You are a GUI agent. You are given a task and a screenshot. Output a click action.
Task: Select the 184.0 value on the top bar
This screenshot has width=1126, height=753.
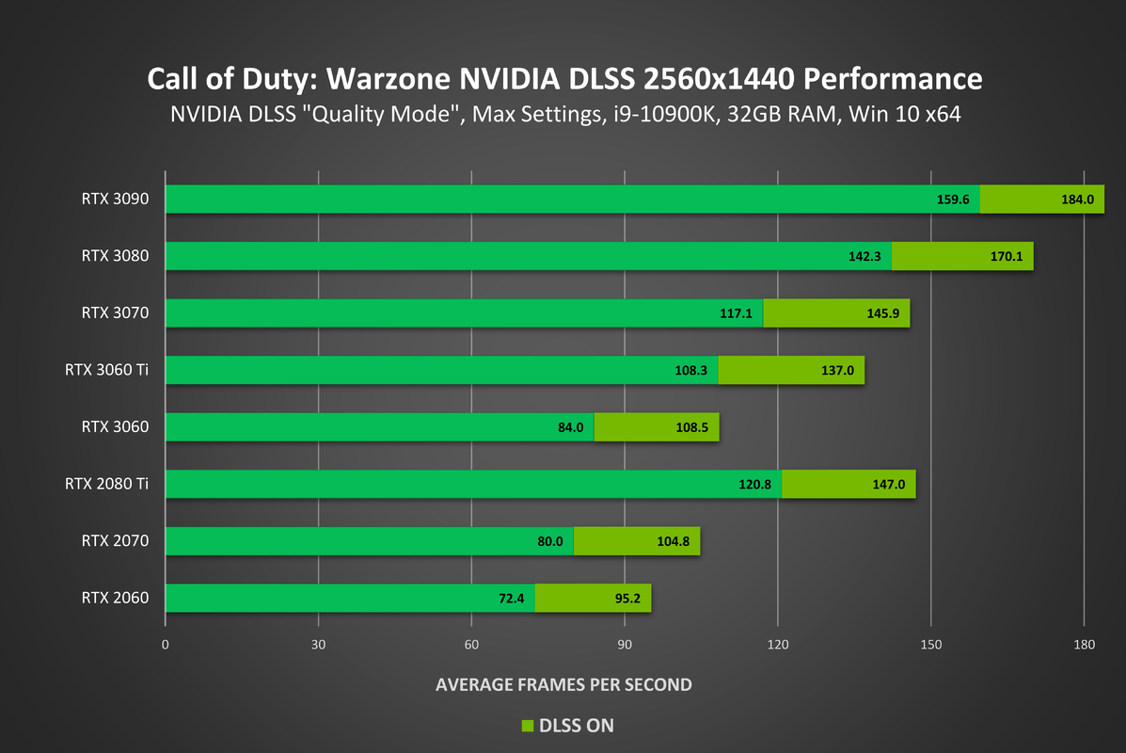pos(1077,200)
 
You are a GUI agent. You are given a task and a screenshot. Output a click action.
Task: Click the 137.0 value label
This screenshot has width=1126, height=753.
pos(837,371)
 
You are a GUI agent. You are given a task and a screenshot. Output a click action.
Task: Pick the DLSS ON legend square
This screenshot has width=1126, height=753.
pos(527,726)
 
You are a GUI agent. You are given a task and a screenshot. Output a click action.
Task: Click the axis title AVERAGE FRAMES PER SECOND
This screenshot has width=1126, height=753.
pos(563,684)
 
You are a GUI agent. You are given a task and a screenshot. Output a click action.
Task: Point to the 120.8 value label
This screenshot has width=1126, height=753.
pos(754,485)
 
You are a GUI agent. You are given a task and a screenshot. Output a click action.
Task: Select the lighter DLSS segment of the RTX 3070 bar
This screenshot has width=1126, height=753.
pos(835,313)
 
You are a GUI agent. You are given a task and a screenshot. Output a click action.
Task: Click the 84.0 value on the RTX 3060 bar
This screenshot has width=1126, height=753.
pos(570,427)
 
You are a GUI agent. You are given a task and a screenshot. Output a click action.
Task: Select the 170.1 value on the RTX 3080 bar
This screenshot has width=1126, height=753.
pos(1007,257)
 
